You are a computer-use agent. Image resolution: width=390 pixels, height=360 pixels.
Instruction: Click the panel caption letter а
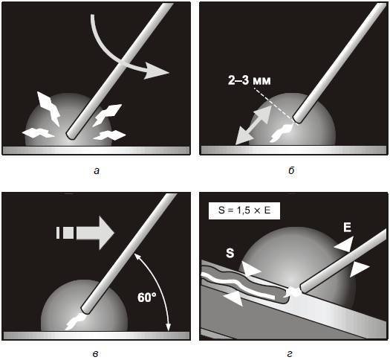click(97, 171)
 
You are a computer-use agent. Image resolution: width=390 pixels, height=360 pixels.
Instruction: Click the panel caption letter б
click(291, 170)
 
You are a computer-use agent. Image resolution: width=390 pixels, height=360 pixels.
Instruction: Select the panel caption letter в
click(96, 354)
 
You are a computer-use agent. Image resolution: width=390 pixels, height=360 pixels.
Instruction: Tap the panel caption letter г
click(290, 354)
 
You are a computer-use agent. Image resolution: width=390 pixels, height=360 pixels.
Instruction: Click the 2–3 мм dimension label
click(250, 80)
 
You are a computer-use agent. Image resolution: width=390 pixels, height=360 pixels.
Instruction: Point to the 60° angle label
click(147, 297)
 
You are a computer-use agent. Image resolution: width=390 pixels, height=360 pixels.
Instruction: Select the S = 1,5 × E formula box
click(244, 210)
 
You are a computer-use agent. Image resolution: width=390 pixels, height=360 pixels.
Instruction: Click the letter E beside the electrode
click(347, 228)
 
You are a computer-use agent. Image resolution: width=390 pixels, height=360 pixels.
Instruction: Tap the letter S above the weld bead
click(230, 253)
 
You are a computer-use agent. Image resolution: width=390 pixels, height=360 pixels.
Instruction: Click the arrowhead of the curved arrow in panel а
click(156, 71)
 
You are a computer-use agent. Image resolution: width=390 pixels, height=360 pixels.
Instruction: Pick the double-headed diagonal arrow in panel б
click(253, 125)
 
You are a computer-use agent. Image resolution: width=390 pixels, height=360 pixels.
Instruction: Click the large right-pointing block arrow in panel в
click(85, 233)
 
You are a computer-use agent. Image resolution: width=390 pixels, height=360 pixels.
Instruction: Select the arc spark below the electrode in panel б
click(282, 132)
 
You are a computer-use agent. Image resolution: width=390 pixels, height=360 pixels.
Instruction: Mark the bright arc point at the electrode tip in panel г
click(294, 292)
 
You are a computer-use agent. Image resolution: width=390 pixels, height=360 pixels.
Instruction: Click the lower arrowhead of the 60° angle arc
click(169, 327)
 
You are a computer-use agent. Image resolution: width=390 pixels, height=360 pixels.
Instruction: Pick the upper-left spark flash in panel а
click(48, 109)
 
